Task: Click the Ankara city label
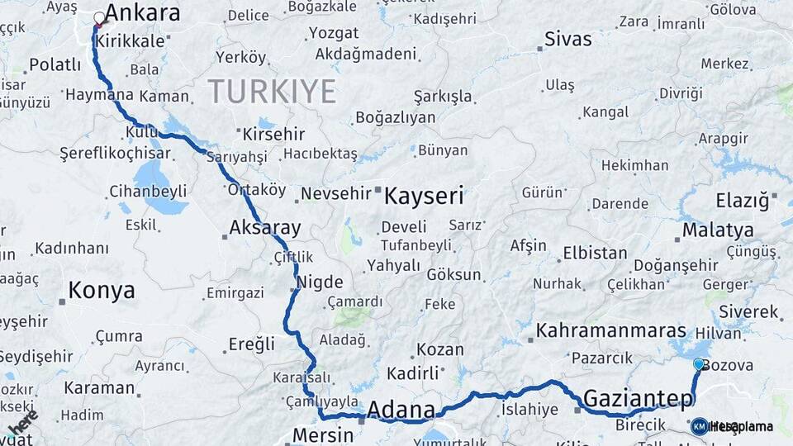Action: click(x=143, y=13)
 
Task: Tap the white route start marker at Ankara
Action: click(x=100, y=17)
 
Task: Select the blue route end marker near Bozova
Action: click(x=699, y=364)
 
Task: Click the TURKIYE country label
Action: click(x=272, y=91)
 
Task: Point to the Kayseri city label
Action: click(x=424, y=197)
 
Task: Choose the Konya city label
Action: click(x=101, y=290)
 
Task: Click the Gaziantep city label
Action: click(x=639, y=399)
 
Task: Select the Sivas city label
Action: click(x=568, y=40)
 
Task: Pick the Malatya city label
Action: click(x=718, y=230)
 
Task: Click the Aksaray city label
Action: click(x=264, y=227)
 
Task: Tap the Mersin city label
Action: click(x=324, y=435)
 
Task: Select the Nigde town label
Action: click(x=319, y=282)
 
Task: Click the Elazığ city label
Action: click(x=742, y=200)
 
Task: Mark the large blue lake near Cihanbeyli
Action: click(x=153, y=178)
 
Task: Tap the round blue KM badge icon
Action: click(x=699, y=426)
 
